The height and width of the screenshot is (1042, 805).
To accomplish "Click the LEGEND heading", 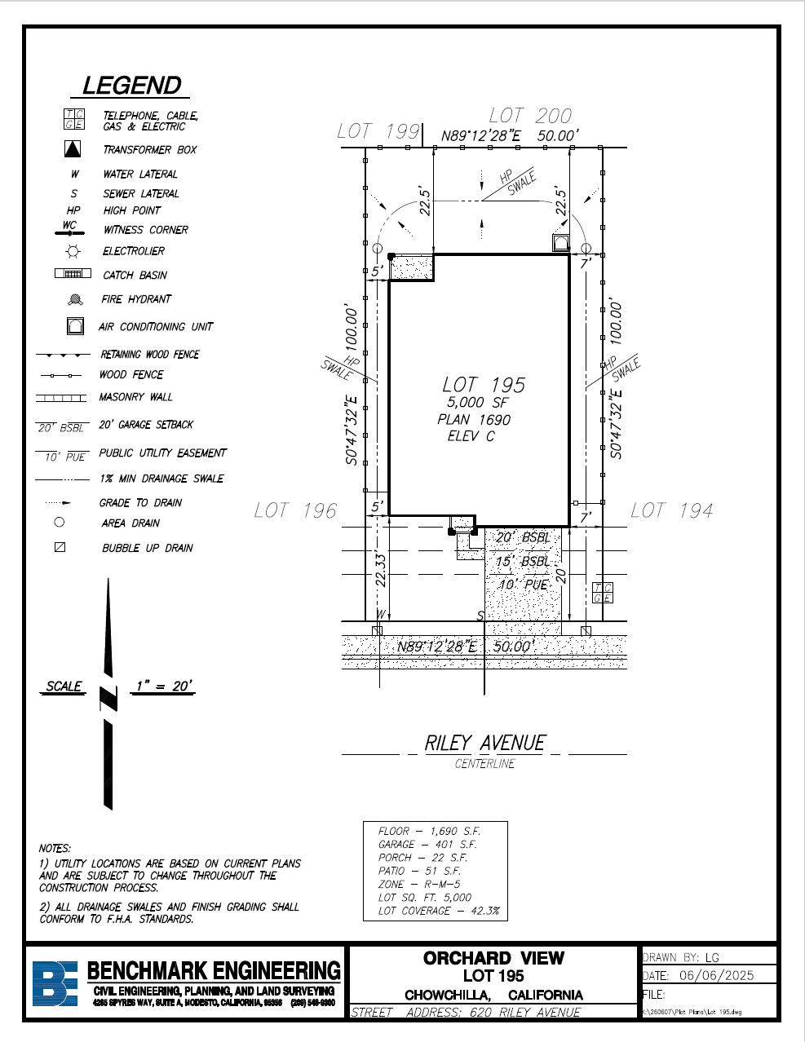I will point(131,86).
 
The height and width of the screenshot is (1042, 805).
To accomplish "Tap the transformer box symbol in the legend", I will point(73,149).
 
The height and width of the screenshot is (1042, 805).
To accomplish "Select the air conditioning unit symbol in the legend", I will point(75,326).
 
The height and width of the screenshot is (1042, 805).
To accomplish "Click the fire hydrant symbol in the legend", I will point(76,300).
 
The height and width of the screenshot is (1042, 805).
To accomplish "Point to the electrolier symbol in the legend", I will point(73,251).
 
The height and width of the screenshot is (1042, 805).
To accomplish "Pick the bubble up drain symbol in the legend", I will point(60,547).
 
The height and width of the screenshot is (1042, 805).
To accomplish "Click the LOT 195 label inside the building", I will point(484,385).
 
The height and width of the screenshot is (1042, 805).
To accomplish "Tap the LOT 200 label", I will point(530,116).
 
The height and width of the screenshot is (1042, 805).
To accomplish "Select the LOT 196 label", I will point(295,510).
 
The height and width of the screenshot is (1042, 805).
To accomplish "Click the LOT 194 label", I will point(672,510).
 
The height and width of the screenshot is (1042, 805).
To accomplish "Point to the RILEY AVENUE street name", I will point(484,743).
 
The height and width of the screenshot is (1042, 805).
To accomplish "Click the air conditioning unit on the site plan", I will point(560,243).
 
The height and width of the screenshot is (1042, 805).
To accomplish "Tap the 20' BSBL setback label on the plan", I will point(523,537).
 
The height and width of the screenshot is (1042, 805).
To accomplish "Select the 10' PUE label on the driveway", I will point(523,585).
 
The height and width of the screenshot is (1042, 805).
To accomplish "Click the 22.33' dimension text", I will point(380,570).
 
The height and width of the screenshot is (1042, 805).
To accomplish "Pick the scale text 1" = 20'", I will point(164,686).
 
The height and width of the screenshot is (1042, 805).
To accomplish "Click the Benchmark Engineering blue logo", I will point(55,983).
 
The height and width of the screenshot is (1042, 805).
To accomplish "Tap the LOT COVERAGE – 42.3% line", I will point(438,911).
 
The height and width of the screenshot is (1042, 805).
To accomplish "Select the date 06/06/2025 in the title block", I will point(716,975).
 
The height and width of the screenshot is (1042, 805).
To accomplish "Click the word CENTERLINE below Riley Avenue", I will point(484,764).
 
